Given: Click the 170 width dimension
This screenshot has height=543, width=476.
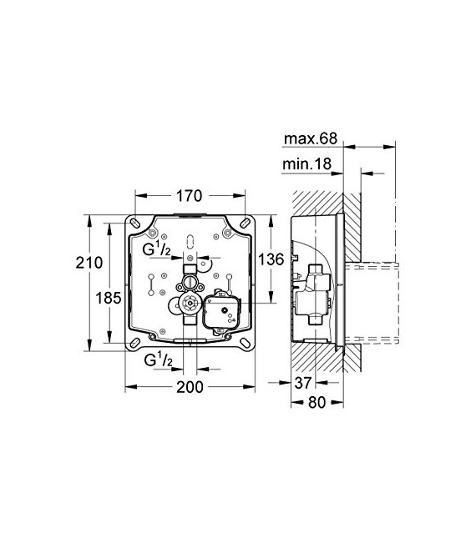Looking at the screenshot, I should pos(190,198).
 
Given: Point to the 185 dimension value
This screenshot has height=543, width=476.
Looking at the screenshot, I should pos(110,297).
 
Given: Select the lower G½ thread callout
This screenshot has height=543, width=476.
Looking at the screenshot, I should pos(159,360).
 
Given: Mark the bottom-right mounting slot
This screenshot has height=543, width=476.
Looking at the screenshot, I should pos(246,343).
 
